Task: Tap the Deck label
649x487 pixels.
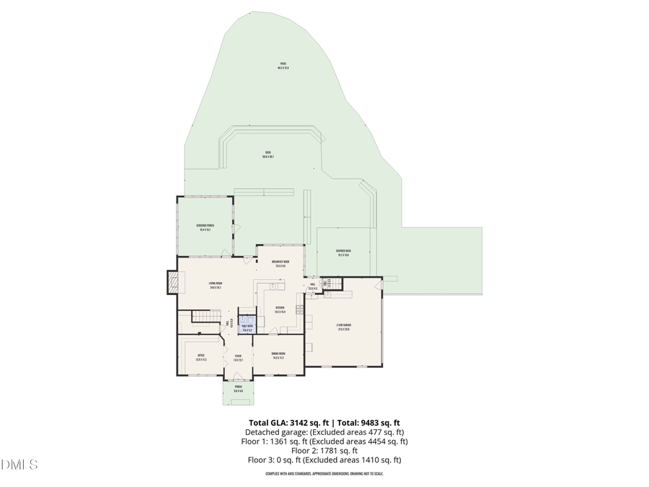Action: (x=268, y=154)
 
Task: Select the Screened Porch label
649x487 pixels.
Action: (x=205, y=227)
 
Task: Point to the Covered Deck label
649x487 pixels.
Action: (x=343, y=253)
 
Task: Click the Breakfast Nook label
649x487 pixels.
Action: (x=280, y=263)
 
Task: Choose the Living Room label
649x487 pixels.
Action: (x=215, y=285)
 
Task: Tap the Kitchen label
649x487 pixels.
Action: (x=280, y=310)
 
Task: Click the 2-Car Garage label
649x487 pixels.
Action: (x=343, y=327)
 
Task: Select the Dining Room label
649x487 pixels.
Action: (x=278, y=356)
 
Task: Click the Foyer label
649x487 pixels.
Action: (x=238, y=357)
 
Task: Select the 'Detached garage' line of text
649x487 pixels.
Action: (x=324, y=432)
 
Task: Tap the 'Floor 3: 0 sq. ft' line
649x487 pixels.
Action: (x=324, y=460)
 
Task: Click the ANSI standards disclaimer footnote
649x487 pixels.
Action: (x=324, y=474)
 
